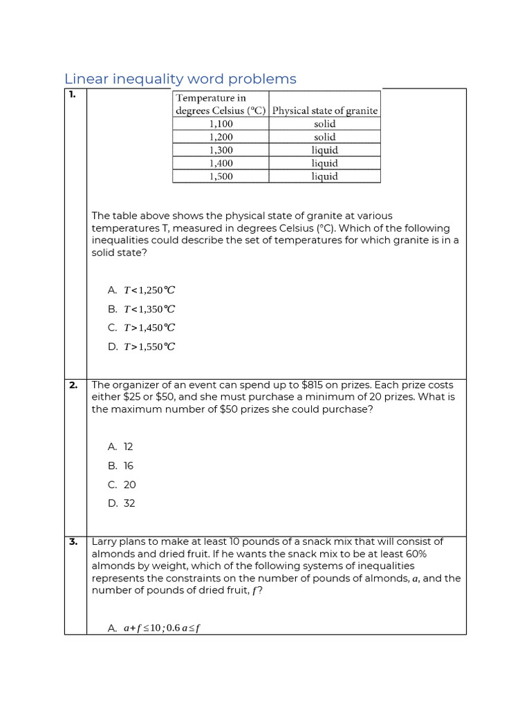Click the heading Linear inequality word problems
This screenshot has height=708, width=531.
tap(180, 79)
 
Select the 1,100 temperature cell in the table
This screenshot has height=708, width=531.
tap(221, 124)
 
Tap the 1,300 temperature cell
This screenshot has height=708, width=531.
tap(221, 150)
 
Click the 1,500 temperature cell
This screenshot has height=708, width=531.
tap(221, 176)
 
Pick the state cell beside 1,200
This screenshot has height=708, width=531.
tap(324, 137)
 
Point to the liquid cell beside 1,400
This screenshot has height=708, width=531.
tap(324, 163)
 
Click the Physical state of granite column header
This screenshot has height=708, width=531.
tap(324, 111)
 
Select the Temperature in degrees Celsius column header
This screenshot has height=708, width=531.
tap(221, 104)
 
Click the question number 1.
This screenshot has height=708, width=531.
tap(72, 95)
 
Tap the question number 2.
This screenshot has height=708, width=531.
tap(73, 385)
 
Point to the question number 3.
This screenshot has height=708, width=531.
tap(73, 541)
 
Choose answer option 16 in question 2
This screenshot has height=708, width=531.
tap(129, 466)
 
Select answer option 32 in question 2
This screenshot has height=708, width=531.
tap(129, 503)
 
